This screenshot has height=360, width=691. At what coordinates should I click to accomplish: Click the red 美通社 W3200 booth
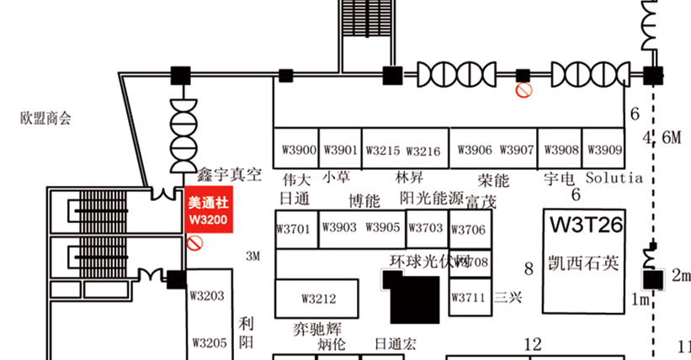click(x=207, y=211)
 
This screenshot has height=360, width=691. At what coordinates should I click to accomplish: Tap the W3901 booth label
click(x=340, y=151)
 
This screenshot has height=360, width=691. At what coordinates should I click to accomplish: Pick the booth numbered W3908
click(x=561, y=151)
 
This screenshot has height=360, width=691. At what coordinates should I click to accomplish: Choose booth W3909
click(x=604, y=151)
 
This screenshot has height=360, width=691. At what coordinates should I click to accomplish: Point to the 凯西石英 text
click(x=583, y=263)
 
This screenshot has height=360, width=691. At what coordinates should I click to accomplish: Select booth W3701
click(x=294, y=228)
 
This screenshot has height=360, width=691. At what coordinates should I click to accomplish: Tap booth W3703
click(x=427, y=228)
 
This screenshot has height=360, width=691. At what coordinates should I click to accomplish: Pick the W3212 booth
click(x=319, y=299)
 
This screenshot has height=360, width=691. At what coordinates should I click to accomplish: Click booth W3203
click(x=207, y=295)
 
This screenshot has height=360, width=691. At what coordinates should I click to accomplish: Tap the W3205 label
click(x=207, y=342)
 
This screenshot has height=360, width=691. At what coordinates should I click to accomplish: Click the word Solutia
click(x=614, y=178)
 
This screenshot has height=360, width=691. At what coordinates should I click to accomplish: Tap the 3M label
click(x=253, y=256)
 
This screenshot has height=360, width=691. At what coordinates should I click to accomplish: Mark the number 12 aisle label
click(x=532, y=343)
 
